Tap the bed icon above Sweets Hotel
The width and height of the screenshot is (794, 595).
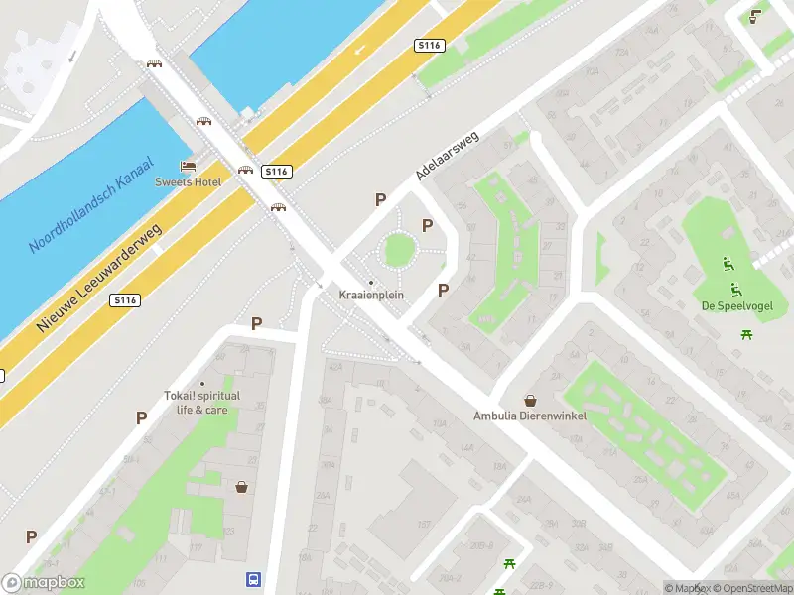tap(187, 166)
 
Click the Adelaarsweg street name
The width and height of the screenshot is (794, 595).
tap(448, 155)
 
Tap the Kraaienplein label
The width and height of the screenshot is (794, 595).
tap(371, 296)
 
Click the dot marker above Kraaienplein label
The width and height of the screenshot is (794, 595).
tap(371, 283)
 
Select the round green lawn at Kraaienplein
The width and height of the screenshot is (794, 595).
tap(398, 250)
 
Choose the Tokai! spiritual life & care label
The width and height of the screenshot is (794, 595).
tap(202, 402)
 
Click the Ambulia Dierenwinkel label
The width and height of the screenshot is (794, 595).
tap(530, 416)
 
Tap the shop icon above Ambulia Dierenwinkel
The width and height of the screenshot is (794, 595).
tap(531, 401)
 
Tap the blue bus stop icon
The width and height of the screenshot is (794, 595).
tap(254, 579)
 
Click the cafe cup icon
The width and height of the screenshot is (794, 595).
tap(756, 15)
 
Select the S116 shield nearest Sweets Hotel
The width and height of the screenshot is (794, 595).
tap(276, 172)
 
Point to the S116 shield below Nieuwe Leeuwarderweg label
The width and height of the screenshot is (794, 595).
tap(125, 300)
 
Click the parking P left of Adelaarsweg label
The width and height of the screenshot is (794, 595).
tap(380, 199)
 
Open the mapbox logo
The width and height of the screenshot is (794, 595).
tap(43, 583)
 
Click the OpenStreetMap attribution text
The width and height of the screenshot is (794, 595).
tap(751, 588)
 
